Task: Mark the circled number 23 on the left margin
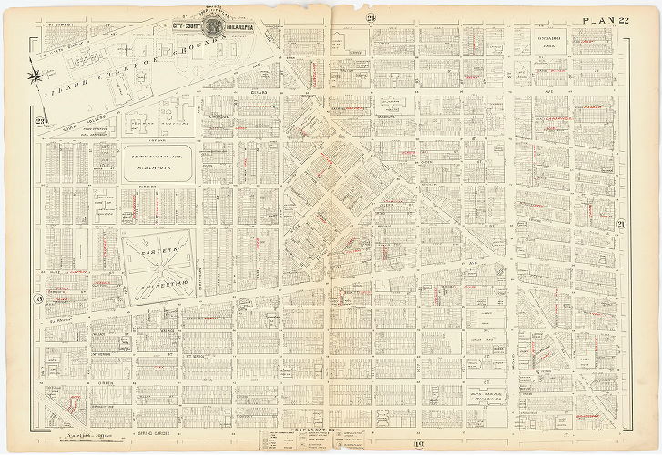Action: (x=41, y=124)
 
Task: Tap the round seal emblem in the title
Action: (x=215, y=15)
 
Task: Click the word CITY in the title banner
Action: (x=183, y=26)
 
